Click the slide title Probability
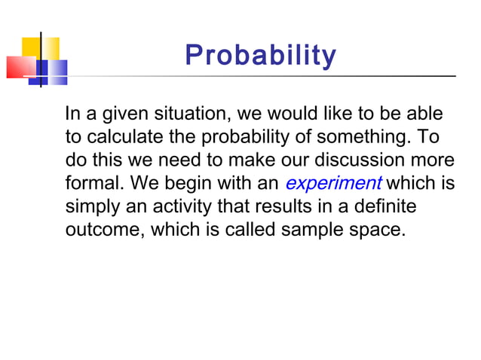tap(261, 55)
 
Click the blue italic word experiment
tap(333, 184)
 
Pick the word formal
tap(90, 184)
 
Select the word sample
tap(313, 229)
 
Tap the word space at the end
tap(375, 229)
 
